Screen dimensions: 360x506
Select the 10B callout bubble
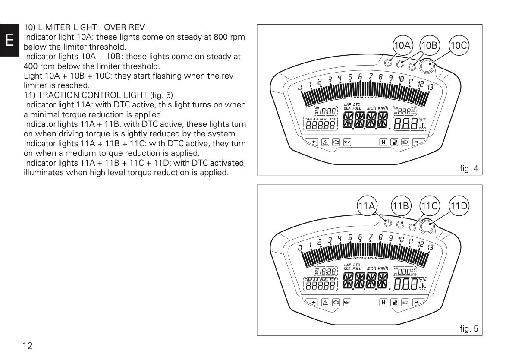click(429, 45)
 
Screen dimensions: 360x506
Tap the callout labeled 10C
click(459, 45)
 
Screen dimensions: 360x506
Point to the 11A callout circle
click(368, 206)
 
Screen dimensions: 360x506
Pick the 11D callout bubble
click(459, 206)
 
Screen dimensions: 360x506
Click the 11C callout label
click(429, 206)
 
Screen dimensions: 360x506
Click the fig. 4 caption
click(469, 169)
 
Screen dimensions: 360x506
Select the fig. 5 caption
click(469, 329)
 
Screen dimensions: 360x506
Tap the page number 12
click(28, 346)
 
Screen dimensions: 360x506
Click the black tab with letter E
click(9, 41)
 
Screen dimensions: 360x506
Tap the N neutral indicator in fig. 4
click(383, 142)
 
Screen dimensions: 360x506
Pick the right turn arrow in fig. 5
click(417, 302)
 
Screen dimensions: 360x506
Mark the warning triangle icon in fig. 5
click(324, 302)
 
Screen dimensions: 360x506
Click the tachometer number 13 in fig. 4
click(430, 87)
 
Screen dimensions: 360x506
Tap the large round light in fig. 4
click(426, 66)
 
